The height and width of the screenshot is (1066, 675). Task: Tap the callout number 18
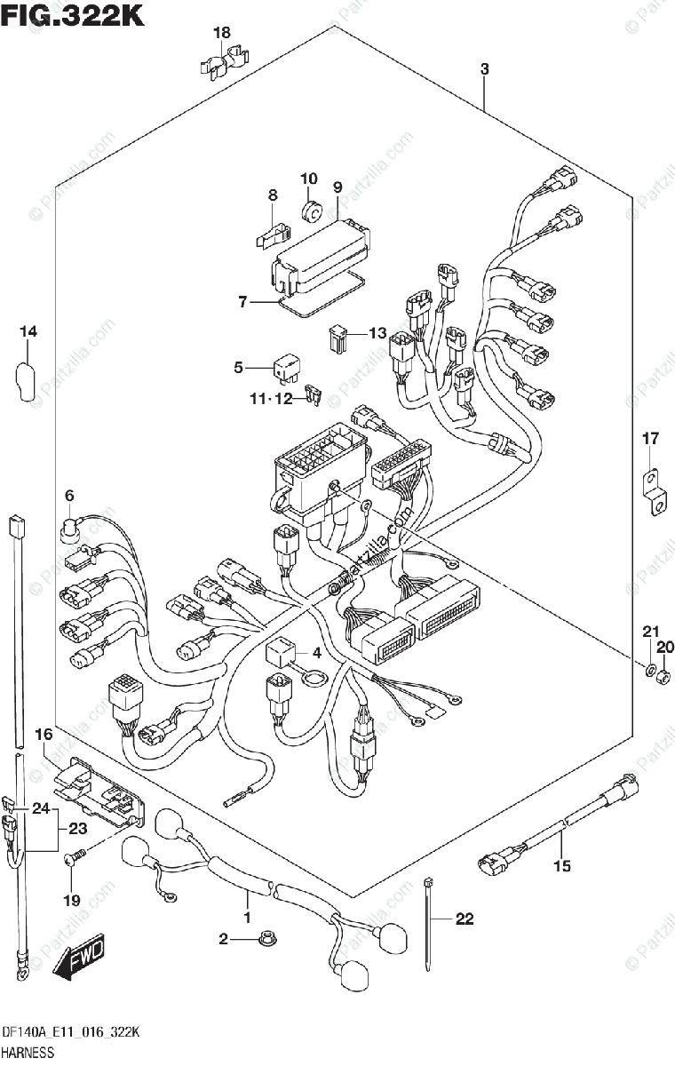(221, 33)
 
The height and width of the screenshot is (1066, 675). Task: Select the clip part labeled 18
(221, 63)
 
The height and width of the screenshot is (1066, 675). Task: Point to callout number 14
(29, 331)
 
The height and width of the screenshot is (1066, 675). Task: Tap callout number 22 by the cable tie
(465, 919)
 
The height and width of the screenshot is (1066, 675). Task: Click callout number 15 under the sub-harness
(560, 865)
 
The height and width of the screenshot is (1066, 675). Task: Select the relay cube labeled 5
(287, 365)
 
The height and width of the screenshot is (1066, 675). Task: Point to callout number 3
(484, 68)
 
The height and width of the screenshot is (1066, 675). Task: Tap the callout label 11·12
(270, 399)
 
